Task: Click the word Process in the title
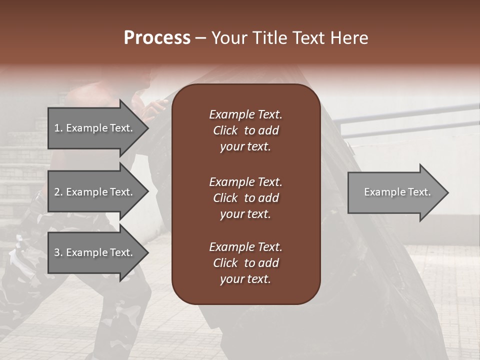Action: tap(157, 38)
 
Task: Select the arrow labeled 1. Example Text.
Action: tap(95, 128)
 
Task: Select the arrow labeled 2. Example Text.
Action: tap(95, 192)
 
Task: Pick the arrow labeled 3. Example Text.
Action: tap(95, 252)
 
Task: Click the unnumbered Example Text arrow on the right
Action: tap(395, 192)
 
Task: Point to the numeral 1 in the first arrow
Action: tap(56, 128)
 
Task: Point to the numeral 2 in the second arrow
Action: tap(57, 192)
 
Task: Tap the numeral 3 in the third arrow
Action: tap(57, 252)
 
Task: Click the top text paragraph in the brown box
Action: tap(245, 130)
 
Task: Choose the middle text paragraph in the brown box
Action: tap(245, 198)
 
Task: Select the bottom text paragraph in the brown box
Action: tap(245, 263)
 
